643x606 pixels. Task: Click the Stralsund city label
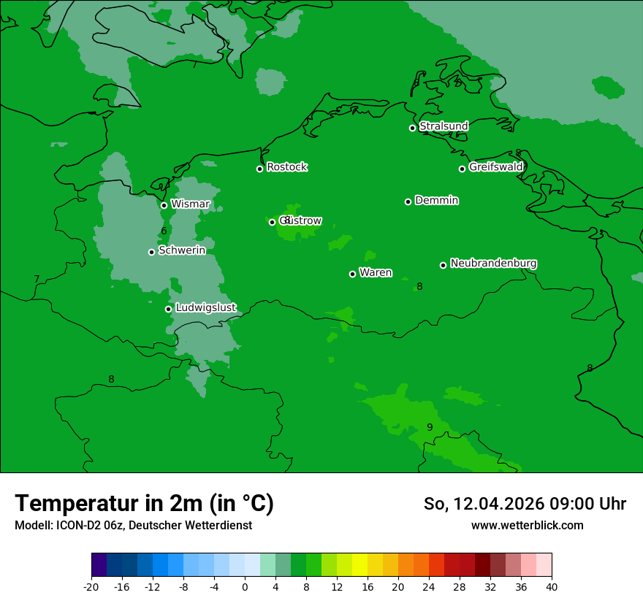[444, 126]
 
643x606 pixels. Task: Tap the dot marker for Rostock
[259, 169]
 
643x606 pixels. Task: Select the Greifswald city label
[496, 167]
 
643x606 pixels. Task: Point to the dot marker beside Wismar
[164, 205]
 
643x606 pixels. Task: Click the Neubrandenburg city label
[493, 264]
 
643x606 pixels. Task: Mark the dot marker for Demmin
[408, 202]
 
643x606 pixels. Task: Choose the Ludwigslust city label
[205, 308]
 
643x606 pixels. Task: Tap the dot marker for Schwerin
[151, 252]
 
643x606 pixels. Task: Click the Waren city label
[376, 273]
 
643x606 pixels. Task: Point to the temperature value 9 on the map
[430, 427]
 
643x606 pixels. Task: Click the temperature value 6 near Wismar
[164, 231]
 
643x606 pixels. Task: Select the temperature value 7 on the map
[37, 280]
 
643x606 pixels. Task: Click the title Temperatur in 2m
[144, 503]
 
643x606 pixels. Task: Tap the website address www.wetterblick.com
[527, 525]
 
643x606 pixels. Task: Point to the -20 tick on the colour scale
[91, 586]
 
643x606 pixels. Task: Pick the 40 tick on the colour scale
[551, 586]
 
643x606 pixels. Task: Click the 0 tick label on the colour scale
[245, 586]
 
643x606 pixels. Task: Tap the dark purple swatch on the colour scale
[99, 565]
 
